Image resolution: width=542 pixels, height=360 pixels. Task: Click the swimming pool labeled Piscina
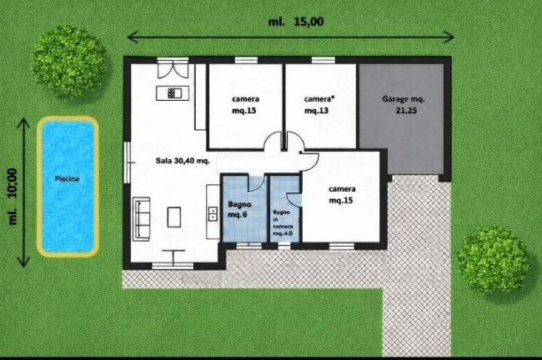(68, 187)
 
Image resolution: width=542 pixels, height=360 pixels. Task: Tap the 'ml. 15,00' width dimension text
(296, 22)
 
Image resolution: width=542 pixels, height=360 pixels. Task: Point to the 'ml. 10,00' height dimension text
(13, 196)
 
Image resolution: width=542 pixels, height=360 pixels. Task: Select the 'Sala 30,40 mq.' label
(183, 161)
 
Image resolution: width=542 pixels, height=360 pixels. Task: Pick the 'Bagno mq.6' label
(239, 209)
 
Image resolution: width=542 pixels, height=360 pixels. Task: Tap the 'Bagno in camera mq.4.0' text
(283, 222)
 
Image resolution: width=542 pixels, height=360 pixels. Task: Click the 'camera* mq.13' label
(319, 105)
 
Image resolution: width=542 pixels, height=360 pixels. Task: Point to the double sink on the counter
(213, 214)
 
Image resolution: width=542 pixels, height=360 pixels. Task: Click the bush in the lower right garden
(494, 260)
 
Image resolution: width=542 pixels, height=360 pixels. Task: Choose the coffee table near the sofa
(174, 217)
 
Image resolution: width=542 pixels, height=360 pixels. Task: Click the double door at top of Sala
(173, 69)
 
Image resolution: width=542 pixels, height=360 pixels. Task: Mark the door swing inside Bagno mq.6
(257, 183)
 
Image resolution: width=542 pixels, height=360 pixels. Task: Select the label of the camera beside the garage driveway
(342, 194)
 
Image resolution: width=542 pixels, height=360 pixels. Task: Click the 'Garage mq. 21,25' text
(404, 105)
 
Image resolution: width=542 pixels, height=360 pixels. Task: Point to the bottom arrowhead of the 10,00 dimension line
(23, 262)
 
